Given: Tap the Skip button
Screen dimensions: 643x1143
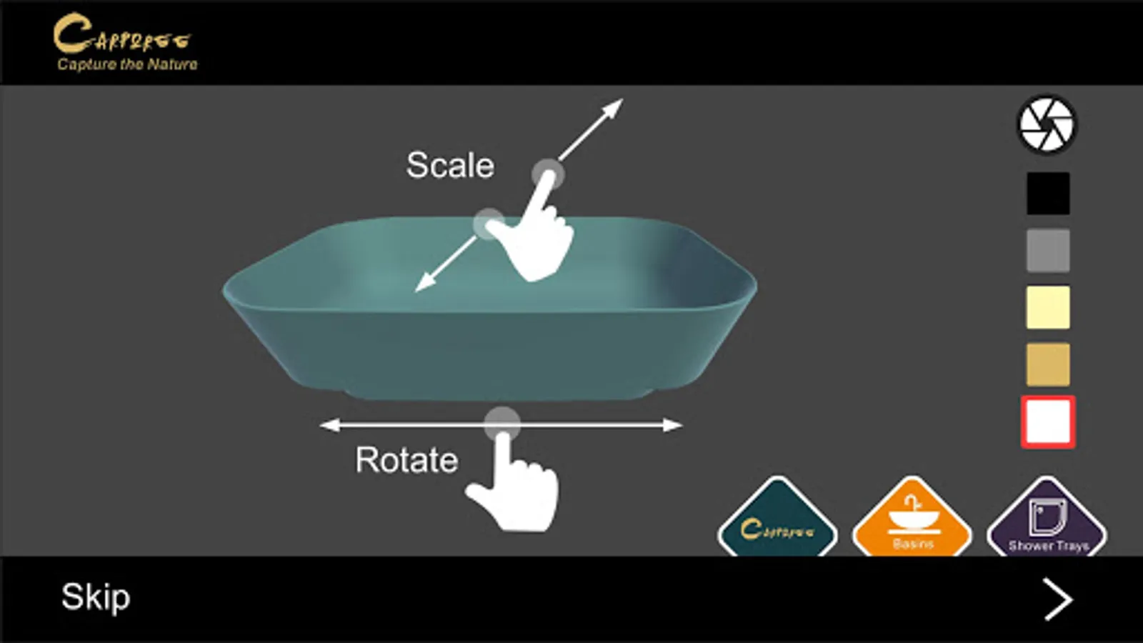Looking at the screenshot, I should [96, 597].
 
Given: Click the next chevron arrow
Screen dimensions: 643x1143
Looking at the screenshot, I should [1057, 599].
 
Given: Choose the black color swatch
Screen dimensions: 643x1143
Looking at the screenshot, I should [1048, 193].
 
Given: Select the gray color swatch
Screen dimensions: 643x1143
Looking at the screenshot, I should [1048, 250].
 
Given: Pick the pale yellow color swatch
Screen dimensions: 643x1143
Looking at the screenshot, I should [1048, 307].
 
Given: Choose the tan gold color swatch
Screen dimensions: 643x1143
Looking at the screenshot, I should [1048, 364].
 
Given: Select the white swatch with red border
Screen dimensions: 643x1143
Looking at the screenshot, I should [1048, 422].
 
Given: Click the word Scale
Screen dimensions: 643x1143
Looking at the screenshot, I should [450, 166].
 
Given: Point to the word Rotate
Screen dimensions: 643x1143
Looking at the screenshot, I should [406, 460].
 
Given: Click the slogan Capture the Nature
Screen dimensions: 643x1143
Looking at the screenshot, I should [127, 64].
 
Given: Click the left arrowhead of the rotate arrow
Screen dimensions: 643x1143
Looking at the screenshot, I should [329, 425].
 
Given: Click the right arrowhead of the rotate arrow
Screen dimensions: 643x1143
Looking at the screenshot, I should [673, 425].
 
